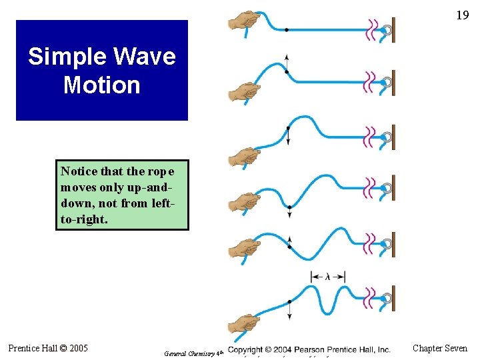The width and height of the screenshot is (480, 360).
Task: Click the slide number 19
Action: point(462,15)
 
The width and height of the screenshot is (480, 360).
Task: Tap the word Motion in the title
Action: point(101,85)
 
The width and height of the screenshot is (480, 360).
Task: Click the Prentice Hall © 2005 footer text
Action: point(47,347)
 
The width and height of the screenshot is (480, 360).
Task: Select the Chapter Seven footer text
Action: point(440,347)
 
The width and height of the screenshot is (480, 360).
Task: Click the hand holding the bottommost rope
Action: point(243,327)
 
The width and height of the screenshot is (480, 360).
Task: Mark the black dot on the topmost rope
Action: point(286,30)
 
